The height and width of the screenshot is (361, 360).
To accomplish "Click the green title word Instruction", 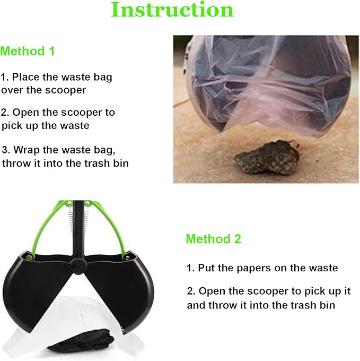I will [172, 10].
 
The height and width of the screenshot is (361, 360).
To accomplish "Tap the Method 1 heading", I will [28, 51].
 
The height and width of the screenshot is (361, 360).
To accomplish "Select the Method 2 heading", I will [213, 239].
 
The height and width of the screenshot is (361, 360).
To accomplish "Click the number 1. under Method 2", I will [190, 268].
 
